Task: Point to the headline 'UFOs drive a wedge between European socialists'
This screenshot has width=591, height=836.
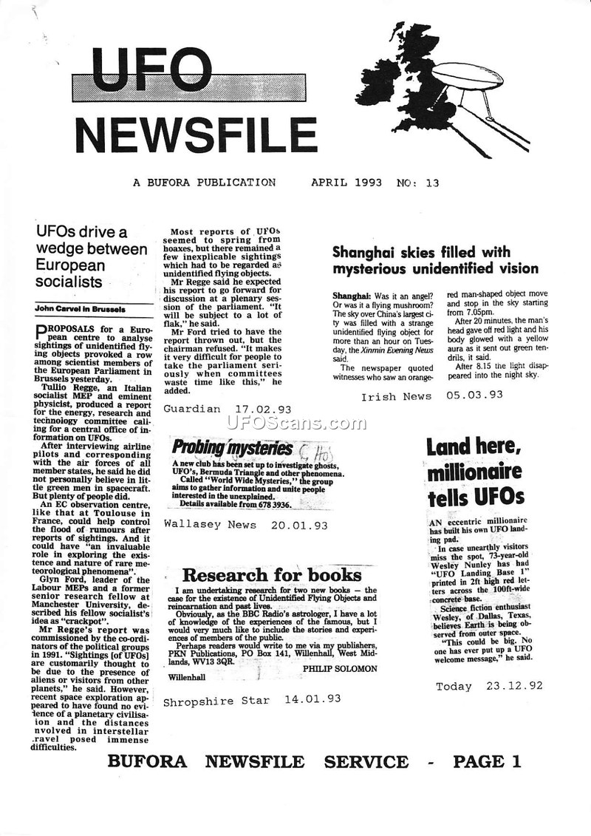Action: pyautogui.click(x=91, y=257)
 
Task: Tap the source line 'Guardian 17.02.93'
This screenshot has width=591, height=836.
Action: pyautogui.click(x=227, y=409)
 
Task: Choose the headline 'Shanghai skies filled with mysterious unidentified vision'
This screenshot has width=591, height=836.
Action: pyautogui.click(x=435, y=259)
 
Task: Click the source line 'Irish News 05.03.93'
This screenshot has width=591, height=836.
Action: pyautogui.click(x=431, y=395)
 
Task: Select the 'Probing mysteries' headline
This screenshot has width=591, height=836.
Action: pyautogui.click(x=222, y=447)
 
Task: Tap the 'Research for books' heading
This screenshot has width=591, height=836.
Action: pyautogui.click(x=272, y=575)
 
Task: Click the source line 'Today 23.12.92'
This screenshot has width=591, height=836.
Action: pyautogui.click(x=489, y=686)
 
